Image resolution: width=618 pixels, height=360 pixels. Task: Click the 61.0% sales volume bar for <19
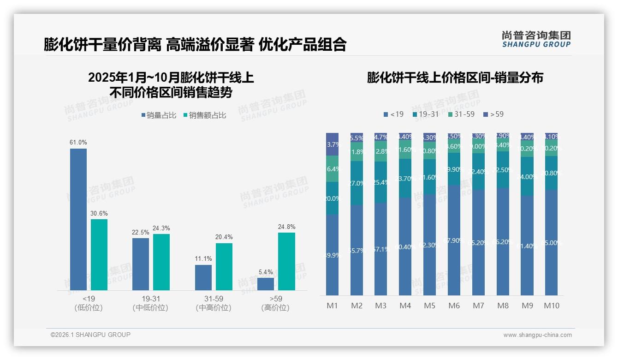78,219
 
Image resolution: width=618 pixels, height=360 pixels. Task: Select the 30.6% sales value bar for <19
99,255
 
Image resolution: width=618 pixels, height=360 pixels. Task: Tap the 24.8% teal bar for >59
286,261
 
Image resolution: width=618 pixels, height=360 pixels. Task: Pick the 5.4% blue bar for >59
266,284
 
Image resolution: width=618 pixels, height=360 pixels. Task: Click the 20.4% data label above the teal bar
224,237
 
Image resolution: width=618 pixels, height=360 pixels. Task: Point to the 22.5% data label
141,232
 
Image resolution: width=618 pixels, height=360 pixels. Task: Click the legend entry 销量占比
158,115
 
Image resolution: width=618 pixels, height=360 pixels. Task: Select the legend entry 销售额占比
204,115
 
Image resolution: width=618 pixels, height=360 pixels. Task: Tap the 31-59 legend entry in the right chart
461,114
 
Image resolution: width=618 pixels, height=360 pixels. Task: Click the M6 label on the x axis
454,306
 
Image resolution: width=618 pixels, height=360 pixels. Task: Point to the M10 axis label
551,306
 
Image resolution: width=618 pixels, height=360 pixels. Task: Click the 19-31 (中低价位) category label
150,303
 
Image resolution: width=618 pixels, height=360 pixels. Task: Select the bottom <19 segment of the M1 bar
332,255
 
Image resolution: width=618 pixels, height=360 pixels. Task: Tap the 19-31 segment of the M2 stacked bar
357,183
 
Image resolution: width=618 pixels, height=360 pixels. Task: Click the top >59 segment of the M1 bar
332,144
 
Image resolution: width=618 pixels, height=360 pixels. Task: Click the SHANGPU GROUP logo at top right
536,39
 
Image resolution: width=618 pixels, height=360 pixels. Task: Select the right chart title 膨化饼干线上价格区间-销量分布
455,78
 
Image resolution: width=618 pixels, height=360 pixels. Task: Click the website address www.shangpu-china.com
537,335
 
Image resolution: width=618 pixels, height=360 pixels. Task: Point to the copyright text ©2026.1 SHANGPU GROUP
90,335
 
